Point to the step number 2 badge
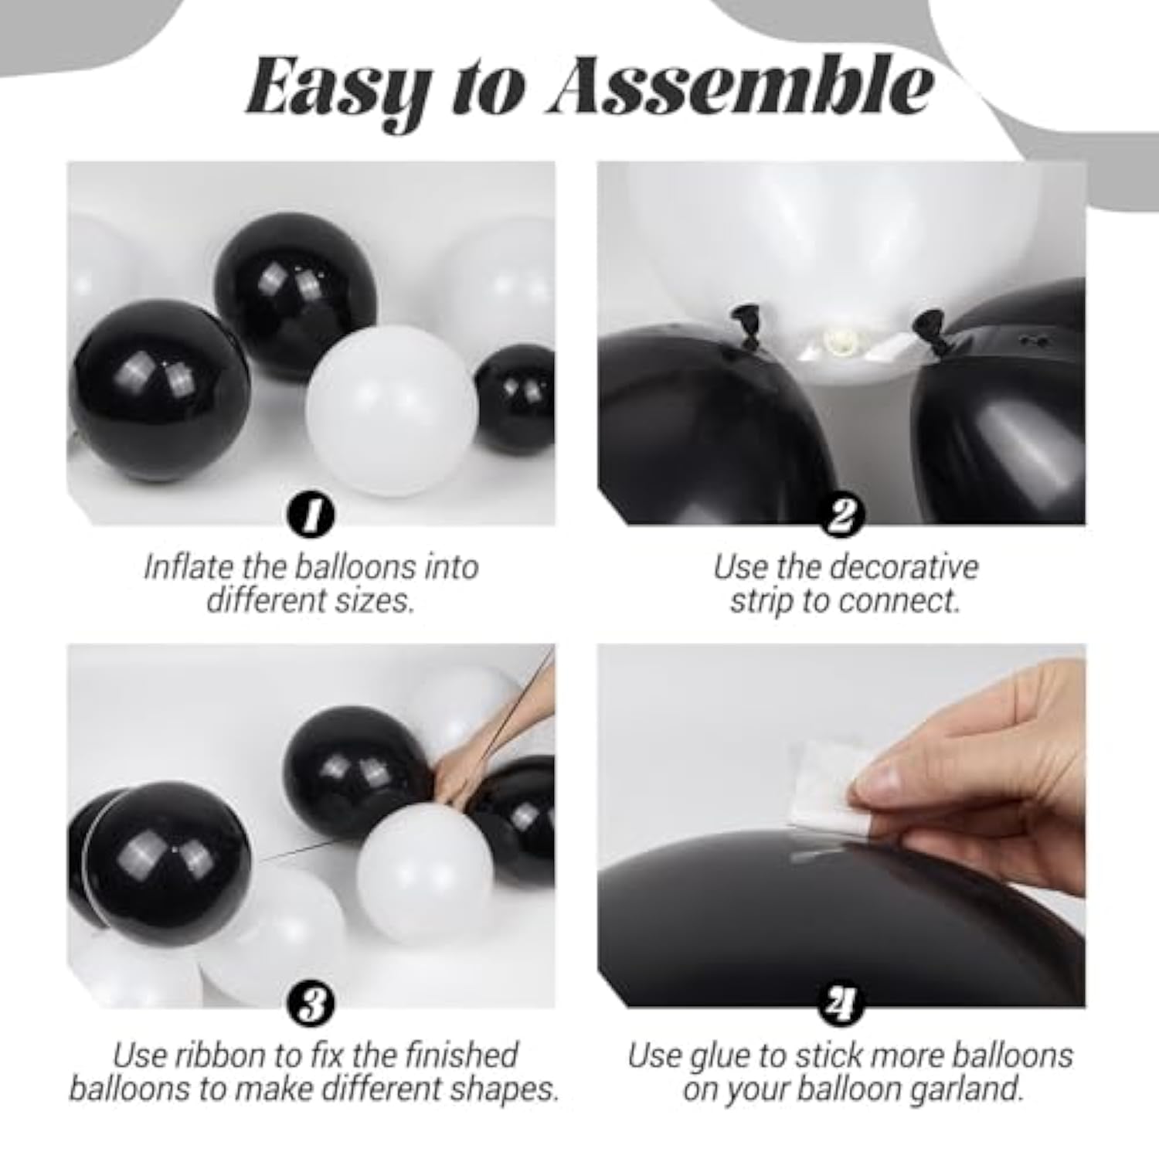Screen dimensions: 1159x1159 coord(841,515)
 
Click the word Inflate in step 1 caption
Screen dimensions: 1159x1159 coord(189,567)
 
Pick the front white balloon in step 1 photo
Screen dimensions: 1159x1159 coord(391,410)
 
